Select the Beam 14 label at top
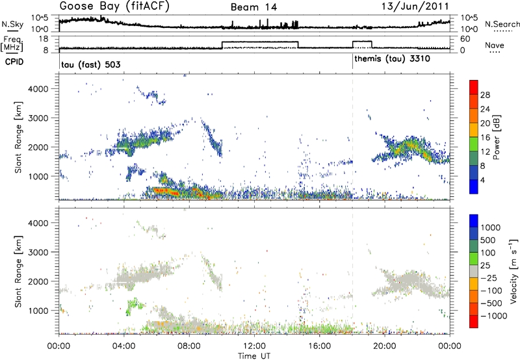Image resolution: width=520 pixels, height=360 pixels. pyautogui.click(x=255, y=7)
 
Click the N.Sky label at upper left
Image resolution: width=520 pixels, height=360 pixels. pyautogui.click(x=11, y=24)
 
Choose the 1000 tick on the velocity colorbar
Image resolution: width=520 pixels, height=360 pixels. pyautogui.click(x=491, y=228)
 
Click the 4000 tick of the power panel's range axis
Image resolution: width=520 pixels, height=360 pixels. pyautogui.click(x=45, y=88)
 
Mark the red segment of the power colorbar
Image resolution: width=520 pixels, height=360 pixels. pyautogui.click(x=474, y=87)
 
